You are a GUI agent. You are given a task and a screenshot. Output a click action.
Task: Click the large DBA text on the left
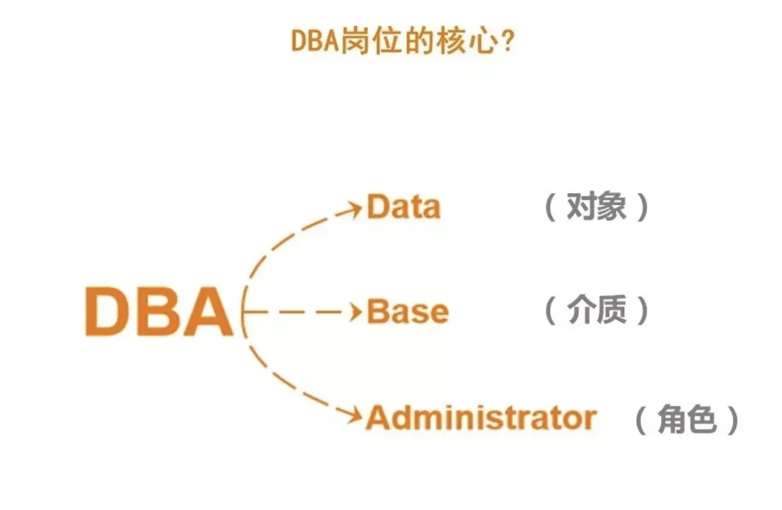pos(159,313)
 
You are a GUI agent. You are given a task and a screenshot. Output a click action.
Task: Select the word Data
pos(404,207)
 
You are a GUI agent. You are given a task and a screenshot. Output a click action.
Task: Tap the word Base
pos(408,312)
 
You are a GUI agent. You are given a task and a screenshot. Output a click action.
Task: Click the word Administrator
pos(481,418)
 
